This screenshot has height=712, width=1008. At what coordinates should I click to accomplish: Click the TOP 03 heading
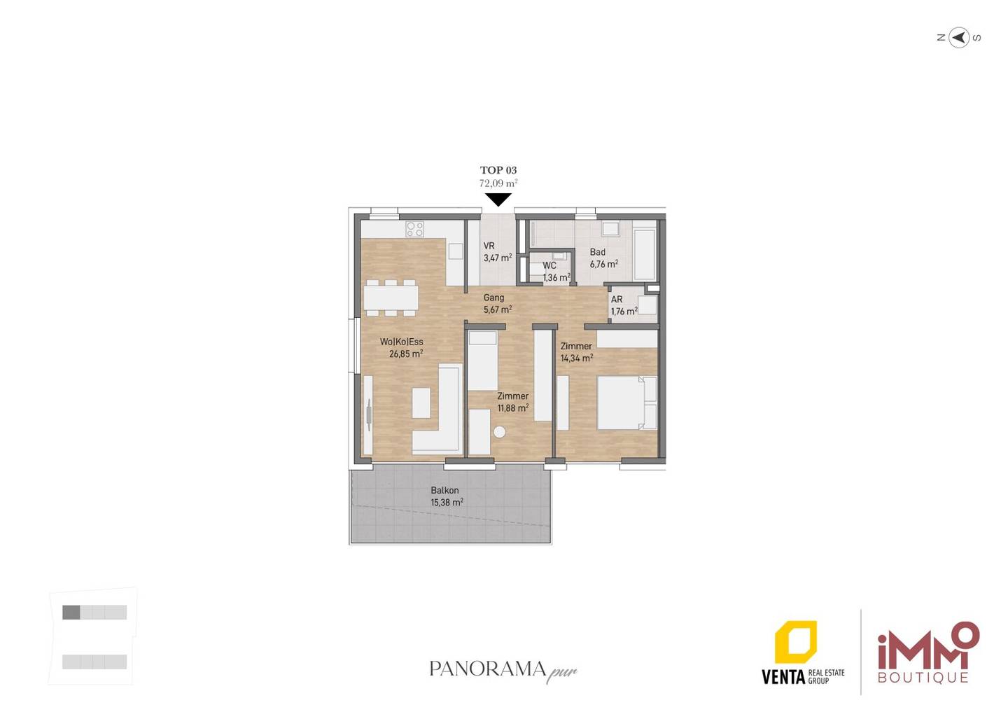[x=498, y=170]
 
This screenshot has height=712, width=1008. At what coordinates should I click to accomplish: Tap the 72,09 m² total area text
[x=498, y=183]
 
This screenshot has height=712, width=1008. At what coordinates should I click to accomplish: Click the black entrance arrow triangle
[x=498, y=200]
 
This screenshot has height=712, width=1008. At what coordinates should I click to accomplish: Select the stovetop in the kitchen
[x=414, y=229]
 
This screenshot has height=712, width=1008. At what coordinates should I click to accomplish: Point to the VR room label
[x=489, y=246]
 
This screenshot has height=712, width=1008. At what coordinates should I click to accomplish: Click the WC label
[x=549, y=265]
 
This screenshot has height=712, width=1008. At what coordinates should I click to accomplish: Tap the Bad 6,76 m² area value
[x=603, y=264]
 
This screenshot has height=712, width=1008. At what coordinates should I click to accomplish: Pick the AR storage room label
[x=617, y=300]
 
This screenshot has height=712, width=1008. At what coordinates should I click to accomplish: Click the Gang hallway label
[x=493, y=298]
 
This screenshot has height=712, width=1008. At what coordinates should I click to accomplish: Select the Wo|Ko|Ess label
[x=401, y=342]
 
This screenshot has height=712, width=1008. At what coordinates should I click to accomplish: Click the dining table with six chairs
[x=391, y=298]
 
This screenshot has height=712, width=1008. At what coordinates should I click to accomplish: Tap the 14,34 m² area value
[x=577, y=358]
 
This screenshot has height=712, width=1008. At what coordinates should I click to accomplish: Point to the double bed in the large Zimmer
[x=627, y=403]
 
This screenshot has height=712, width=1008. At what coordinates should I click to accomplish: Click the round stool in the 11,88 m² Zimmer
[x=499, y=432]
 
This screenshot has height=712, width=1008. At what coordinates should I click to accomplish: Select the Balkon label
[x=444, y=491]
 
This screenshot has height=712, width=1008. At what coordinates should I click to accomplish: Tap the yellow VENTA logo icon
[x=796, y=642]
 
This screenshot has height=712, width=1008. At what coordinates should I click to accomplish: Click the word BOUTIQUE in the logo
[x=923, y=678]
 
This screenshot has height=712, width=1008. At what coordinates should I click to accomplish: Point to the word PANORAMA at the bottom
[x=488, y=669]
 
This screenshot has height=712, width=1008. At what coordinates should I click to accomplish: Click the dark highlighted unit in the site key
[x=71, y=612]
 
